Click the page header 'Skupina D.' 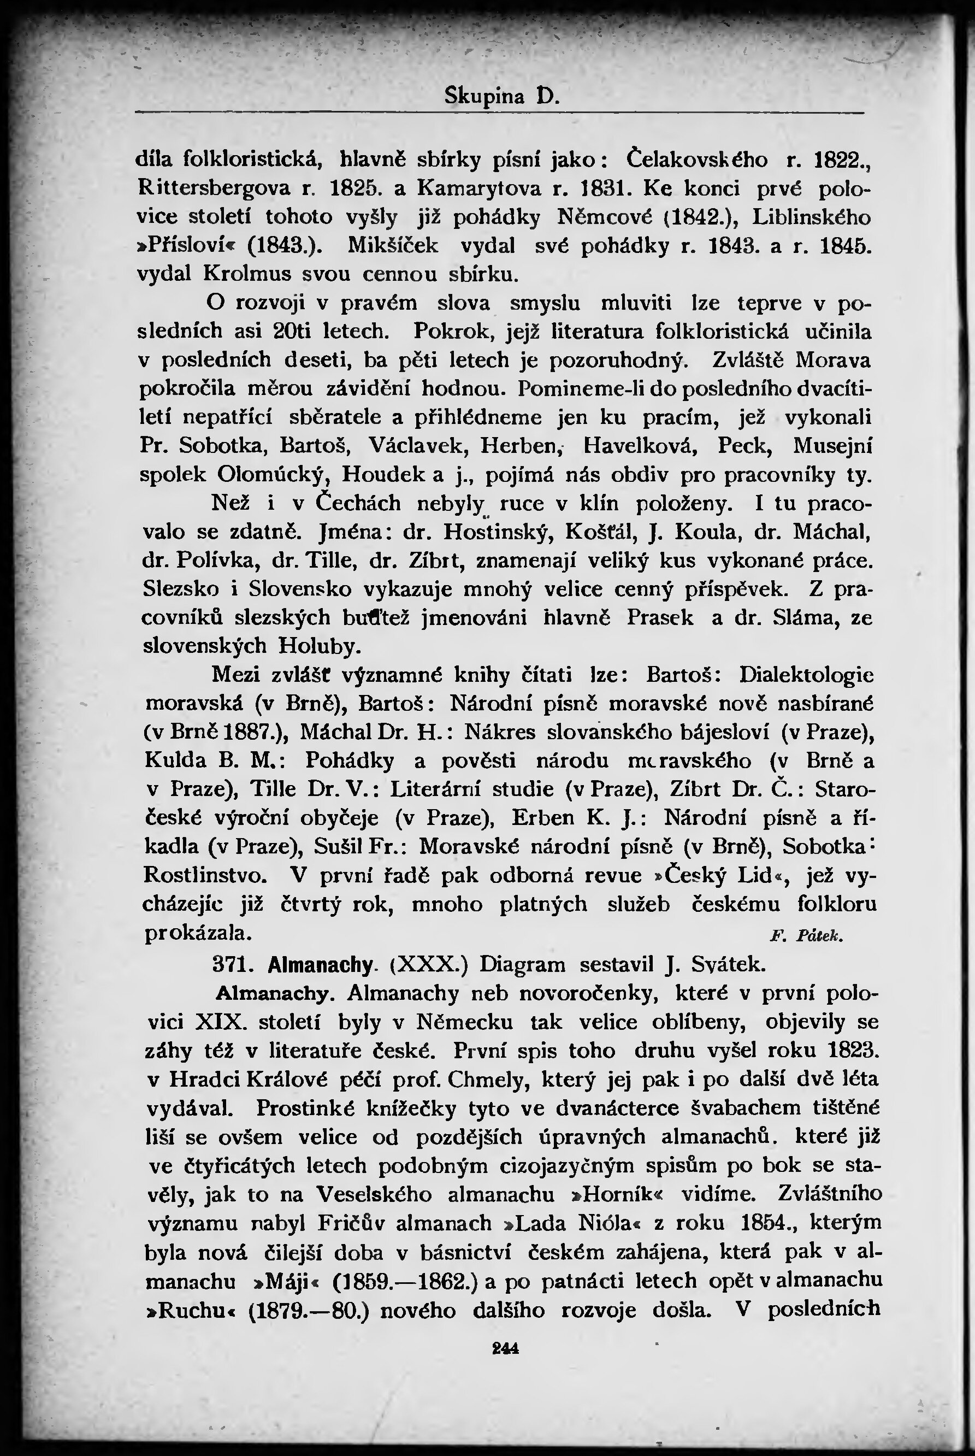pos(502,96)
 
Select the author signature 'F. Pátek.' pos(806,936)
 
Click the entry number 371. pos(231,965)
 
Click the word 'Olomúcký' pos(271,475)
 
